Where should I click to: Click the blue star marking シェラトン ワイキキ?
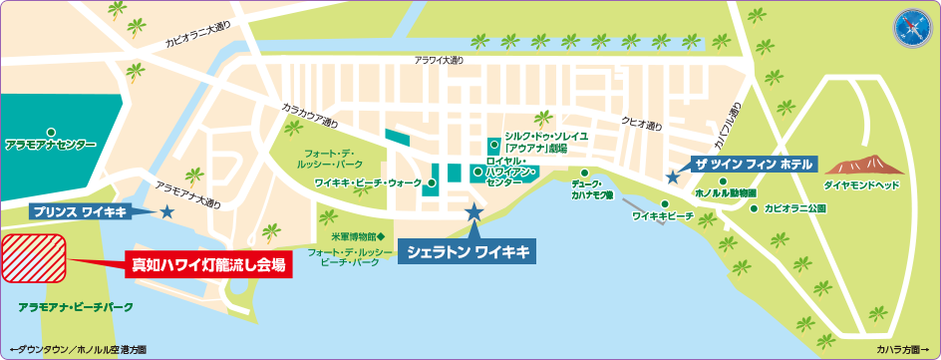(473, 212)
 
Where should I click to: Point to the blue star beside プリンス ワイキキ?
(166, 211)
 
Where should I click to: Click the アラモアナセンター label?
(51, 145)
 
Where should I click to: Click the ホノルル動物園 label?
(725, 191)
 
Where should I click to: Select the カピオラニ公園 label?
(795, 209)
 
